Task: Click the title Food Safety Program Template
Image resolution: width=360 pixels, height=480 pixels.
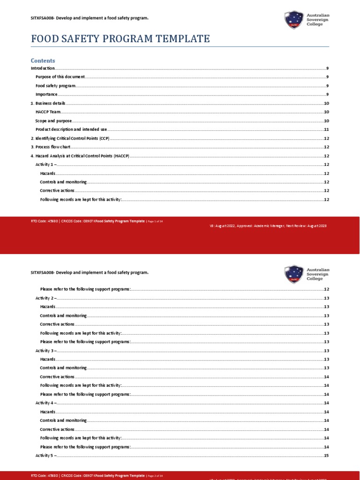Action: pyautogui.click(x=120, y=39)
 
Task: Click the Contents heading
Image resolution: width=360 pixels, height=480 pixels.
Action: pyautogui.click(x=43, y=60)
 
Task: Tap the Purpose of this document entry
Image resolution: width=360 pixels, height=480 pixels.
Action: pyautogui.click(x=60, y=77)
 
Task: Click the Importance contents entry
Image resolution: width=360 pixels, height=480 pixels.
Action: pyautogui.click(x=46, y=94)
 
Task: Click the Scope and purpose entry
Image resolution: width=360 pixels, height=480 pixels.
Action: pyautogui.click(x=53, y=121)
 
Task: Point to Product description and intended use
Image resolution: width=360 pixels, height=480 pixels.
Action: pyautogui.click(x=72, y=129)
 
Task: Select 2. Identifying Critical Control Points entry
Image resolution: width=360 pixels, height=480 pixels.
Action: pyautogui.click(x=70, y=138)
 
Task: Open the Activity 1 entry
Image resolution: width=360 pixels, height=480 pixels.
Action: pyautogui.click(x=46, y=165)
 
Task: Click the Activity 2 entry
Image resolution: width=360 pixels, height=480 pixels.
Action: pyautogui.click(x=46, y=298)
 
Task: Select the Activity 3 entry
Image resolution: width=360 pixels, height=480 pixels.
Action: pyautogui.click(x=46, y=351)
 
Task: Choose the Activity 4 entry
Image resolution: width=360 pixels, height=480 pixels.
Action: pyautogui.click(x=46, y=403)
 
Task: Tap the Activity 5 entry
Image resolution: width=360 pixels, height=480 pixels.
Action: pyautogui.click(x=46, y=456)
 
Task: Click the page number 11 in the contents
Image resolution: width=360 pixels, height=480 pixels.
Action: pyautogui.click(x=326, y=129)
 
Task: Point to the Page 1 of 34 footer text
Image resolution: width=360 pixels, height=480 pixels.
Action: pyautogui.click(x=155, y=220)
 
